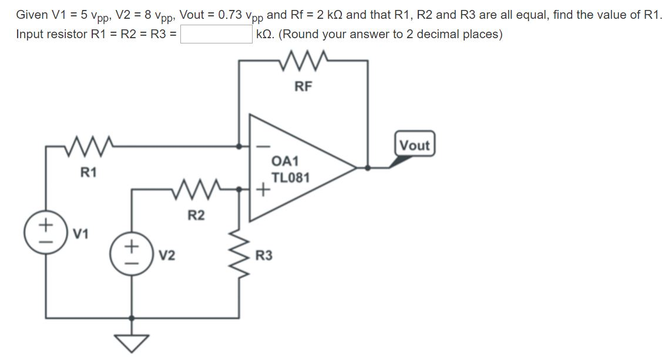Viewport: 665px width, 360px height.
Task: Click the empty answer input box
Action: pos(216,34)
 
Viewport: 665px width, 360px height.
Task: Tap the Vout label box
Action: pos(415,145)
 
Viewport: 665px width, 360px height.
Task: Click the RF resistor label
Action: pos(303,87)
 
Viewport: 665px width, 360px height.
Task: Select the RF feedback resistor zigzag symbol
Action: pos(303,59)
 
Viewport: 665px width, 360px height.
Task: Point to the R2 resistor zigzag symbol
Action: pos(197,189)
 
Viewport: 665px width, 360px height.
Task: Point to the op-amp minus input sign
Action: pos(263,145)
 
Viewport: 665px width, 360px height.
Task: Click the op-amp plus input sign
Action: pos(263,190)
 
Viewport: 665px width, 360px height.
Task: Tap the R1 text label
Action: pos(89,173)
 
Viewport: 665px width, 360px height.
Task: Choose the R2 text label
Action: pos(196,216)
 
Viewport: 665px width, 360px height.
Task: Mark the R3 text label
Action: pos(264,256)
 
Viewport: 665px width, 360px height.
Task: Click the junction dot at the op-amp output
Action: pos(368,167)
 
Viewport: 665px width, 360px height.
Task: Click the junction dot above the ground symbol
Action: pos(132,318)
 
